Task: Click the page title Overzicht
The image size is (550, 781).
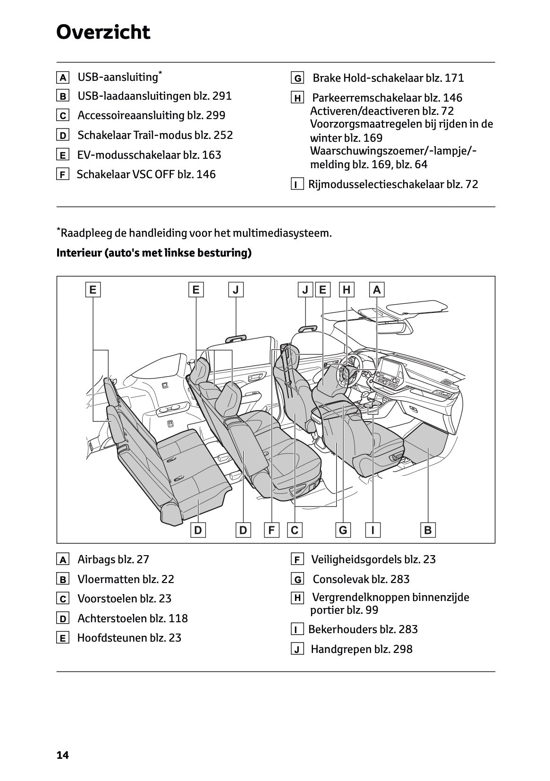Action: coord(103,32)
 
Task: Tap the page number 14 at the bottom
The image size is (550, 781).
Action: coord(62,755)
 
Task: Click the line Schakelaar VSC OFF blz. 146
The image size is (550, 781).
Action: coord(146,174)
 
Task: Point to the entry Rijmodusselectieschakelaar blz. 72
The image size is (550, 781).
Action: coord(393,184)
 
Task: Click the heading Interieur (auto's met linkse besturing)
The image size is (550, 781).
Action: coord(154,253)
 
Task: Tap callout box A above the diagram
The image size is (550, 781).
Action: coord(377,290)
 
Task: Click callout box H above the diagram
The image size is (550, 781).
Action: coord(347,290)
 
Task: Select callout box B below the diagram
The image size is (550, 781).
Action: coord(428,530)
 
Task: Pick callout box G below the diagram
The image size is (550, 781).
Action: coord(343,530)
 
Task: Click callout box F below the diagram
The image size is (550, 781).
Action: coord(271,530)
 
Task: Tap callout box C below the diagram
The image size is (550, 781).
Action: coord(295,530)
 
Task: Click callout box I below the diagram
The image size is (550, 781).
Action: coord(373,530)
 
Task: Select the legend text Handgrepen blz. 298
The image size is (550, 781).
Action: coord(361,649)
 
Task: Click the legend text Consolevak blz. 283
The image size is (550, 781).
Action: coord(361,579)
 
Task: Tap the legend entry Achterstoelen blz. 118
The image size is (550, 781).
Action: coord(132,618)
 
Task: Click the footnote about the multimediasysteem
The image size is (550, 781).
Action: coord(194,233)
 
